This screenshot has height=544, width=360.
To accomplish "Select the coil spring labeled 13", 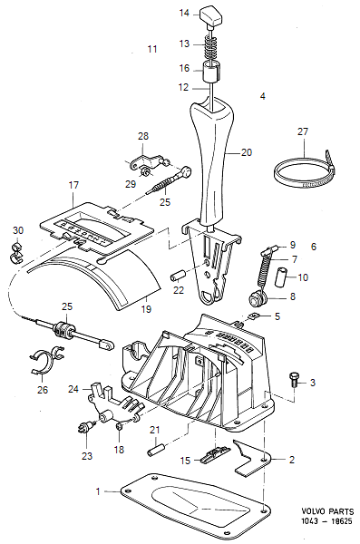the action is [211, 46].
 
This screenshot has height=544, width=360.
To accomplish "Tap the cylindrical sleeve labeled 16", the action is [212, 72].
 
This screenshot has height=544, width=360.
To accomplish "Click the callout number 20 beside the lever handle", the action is [247, 152].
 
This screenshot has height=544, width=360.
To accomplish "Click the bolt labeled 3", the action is [295, 381].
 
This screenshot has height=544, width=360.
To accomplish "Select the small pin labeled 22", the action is [178, 277].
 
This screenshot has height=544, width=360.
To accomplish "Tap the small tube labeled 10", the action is [282, 277].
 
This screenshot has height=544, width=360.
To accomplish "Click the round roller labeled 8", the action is [258, 299].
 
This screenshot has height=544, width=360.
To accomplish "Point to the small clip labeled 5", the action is [254, 316].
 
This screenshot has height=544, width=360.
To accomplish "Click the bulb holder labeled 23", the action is [85, 427].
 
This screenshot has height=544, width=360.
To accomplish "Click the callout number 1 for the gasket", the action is [98, 491].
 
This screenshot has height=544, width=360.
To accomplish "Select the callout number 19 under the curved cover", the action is [146, 309].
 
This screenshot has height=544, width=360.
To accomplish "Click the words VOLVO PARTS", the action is [327, 511].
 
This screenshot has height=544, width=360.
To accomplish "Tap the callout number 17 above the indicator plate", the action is [73, 185].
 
